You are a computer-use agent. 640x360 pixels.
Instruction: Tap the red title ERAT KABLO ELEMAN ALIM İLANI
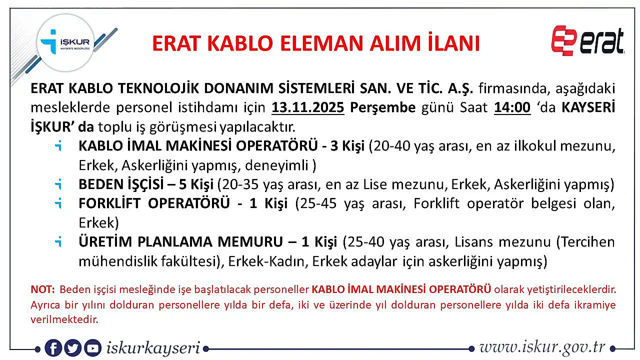(x=316, y=44)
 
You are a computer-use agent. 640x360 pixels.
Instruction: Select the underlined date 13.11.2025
(x=308, y=108)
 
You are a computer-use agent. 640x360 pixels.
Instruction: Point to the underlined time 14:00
(x=512, y=108)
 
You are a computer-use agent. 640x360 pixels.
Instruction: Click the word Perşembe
(x=382, y=108)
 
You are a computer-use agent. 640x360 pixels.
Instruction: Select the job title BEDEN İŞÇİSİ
(x=121, y=184)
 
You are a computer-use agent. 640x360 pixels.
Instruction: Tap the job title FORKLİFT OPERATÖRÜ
(x=154, y=203)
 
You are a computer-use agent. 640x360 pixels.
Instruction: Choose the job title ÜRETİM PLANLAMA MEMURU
(x=180, y=242)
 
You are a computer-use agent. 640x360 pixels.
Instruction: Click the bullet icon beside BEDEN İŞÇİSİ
(x=59, y=184)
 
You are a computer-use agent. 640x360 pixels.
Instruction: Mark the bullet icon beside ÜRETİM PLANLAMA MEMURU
(x=59, y=242)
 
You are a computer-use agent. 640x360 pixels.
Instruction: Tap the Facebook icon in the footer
(x=53, y=348)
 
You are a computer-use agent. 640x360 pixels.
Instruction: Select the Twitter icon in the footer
(x=73, y=348)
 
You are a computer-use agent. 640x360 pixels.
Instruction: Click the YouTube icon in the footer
(x=92, y=348)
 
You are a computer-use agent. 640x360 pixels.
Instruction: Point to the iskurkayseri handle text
(x=153, y=348)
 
